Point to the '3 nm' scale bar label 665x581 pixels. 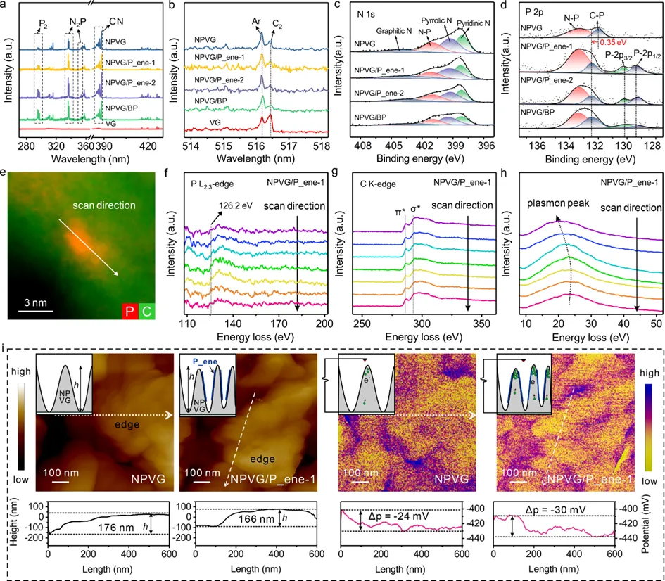point(30,303)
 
